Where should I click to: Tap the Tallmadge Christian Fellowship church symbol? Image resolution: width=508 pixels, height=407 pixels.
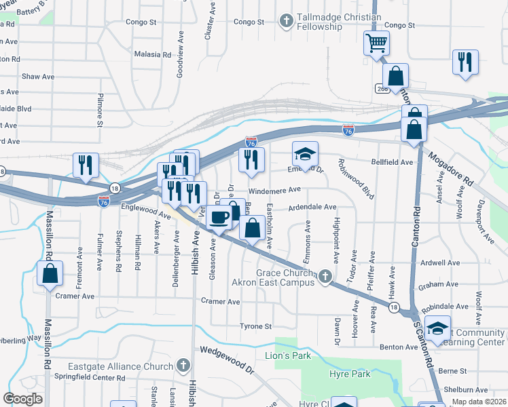[x=287, y=21]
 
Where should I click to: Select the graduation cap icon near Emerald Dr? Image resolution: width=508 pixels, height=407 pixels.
[x=305, y=154]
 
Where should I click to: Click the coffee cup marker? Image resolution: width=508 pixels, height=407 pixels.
[x=219, y=218]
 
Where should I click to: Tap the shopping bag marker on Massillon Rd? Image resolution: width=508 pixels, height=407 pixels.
[x=50, y=274]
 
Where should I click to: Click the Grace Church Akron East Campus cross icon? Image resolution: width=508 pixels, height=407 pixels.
[x=325, y=276]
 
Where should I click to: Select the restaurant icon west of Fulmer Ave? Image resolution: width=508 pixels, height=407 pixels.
[x=86, y=166]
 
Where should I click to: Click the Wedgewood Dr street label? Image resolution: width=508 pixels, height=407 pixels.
[x=227, y=361]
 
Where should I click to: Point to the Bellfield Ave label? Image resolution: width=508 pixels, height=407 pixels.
[x=392, y=163]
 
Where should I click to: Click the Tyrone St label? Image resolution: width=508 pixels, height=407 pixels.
[x=255, y=326]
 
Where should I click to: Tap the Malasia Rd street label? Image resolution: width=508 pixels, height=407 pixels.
[x=152, y=54]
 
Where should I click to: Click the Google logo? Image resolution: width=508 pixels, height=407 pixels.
[x=23, y=399]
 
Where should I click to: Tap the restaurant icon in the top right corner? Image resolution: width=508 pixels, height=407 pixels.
[x=465, y=62]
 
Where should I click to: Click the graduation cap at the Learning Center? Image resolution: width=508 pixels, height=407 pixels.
[x=437, y=328]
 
